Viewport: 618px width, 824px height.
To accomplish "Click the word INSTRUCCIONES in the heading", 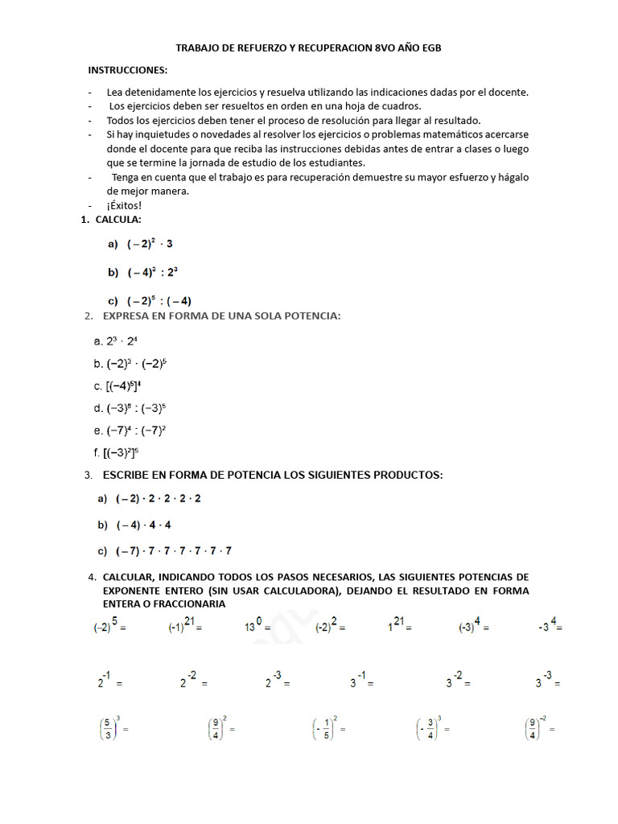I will (x=127, y=71).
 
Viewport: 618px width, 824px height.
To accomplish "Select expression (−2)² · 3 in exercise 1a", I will (x=149, y=244).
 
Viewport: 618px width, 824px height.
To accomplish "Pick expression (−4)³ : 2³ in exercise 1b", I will (x=152, y=273).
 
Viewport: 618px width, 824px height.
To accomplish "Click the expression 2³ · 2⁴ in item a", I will (x=122, y=341).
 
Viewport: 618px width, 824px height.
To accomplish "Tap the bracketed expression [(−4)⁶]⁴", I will (x=123, y=385).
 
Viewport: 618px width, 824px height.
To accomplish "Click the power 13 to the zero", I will (x=256, y=626).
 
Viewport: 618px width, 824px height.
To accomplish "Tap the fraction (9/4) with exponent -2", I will (x=536, y=728).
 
